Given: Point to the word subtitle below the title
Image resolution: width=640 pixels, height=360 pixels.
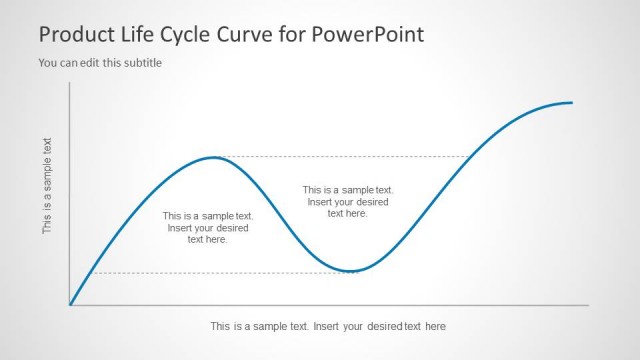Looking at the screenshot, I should click(140, 63).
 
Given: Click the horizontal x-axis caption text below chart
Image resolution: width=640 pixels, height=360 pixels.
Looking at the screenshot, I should click(328, 326).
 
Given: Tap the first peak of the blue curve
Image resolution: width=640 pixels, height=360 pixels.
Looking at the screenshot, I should click(212, 157).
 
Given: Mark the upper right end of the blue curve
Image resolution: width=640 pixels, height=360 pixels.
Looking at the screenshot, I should click(571, 102).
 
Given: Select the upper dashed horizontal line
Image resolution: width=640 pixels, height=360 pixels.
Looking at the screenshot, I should click(340, 157).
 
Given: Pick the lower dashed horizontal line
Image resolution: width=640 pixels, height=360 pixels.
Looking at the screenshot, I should click(220, 273).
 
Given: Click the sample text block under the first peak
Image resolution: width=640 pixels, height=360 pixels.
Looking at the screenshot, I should click(208, 228).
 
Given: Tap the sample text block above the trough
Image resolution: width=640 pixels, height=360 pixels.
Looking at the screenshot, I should click(348, 201).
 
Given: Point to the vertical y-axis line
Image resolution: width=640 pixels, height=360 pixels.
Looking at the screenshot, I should click(70, 190).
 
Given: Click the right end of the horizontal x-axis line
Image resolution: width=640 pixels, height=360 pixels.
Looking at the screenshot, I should click(588, 305).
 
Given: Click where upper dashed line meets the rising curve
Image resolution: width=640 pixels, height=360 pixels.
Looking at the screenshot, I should click(471, 157).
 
